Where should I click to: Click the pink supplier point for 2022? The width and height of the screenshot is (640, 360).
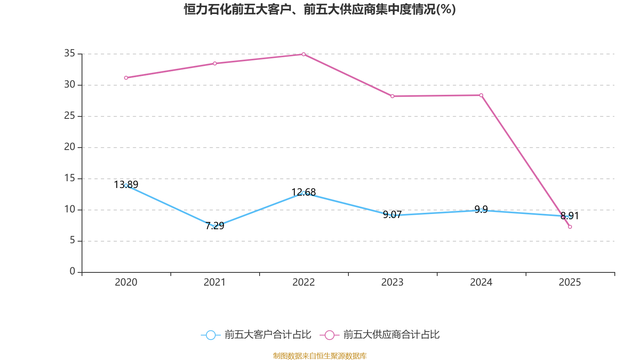click(304, 54)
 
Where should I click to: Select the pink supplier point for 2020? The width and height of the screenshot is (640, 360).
click(126, 78)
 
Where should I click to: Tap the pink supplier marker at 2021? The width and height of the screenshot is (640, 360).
click(215, 63)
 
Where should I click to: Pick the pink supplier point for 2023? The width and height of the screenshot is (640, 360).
click(392, 96)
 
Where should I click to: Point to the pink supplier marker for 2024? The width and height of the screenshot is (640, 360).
click(481, 95)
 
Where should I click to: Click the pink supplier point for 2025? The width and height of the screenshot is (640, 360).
click(570, 227)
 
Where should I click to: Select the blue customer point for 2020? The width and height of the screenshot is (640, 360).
click(126, 185)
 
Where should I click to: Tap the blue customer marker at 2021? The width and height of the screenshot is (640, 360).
click(215, 226)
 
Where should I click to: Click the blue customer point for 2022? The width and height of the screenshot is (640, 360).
click(304, 193)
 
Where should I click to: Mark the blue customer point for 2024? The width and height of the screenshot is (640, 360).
click(481, 210)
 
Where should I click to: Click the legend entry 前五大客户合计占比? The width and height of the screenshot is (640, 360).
click(256, 335)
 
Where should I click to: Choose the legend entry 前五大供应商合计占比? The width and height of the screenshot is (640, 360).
click(380, 335)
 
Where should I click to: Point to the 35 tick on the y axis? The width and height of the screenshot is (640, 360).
click(70, 53)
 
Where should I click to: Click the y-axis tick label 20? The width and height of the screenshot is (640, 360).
click(70, 147)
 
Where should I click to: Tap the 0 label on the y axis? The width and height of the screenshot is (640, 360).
click(72, 272)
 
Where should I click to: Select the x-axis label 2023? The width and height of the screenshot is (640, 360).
click(392, 282)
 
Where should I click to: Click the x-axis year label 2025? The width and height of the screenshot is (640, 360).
click(570, 282)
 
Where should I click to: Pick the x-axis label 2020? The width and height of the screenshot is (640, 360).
click(126, 282)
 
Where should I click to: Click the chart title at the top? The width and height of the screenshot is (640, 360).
click(320, 9)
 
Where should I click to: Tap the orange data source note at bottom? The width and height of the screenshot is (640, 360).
click(320, 356)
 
